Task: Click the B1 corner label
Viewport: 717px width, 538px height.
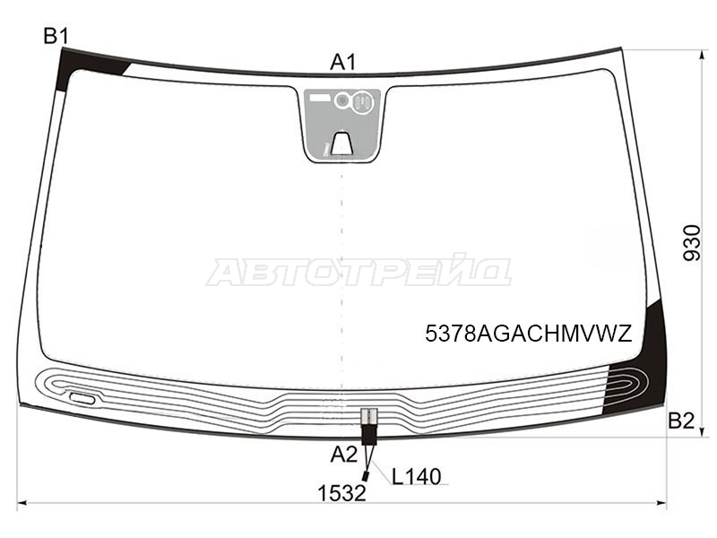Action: [x=56, y=36]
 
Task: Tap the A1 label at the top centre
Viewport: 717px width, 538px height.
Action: [x=343, y=62]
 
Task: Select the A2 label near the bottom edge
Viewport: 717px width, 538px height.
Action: [x=344, y=455]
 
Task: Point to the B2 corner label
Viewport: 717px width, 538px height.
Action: [x=681, y=421]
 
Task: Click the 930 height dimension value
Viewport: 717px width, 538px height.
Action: [x=691, y=243]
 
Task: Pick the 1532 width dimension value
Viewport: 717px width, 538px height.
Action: [x=342, y=493]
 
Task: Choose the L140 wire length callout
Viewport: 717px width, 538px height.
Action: [x=416, y=477]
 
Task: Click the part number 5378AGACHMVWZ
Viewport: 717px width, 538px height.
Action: [x=529, y=334]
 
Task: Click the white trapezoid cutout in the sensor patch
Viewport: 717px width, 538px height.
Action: [x=341, y=143]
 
